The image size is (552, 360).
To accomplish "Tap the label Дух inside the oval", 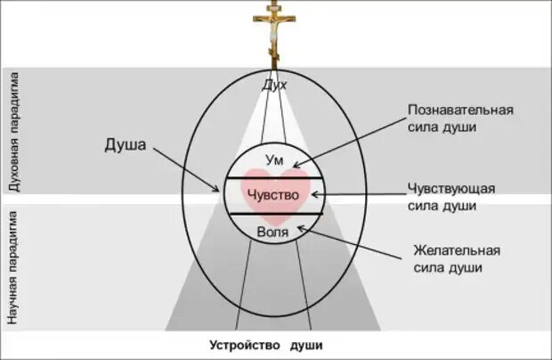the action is [273, 86].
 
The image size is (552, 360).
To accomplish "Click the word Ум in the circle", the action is [273, 160].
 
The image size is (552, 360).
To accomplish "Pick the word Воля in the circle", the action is [272, 232].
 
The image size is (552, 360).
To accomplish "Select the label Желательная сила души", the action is [457, 258].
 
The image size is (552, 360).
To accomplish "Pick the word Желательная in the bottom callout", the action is [457, 250].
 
